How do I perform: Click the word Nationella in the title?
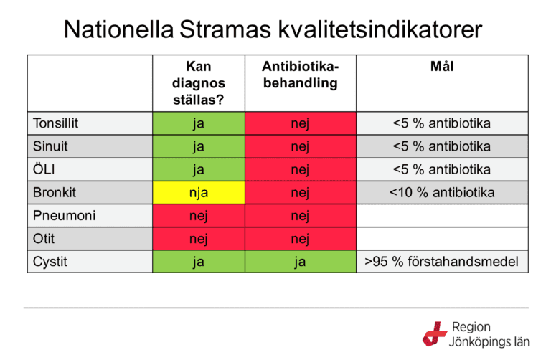[119, 29]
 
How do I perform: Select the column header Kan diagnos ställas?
[199, 83]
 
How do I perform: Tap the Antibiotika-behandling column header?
[300, 75]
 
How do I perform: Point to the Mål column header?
[442, 67]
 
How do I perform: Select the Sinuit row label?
[51, 146]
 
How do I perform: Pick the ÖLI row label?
[44, 169]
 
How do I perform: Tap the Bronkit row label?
[55, 192]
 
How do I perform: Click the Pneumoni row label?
[65, 215]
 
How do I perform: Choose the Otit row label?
[44, 238]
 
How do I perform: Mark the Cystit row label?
[50, 261]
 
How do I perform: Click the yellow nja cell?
[199, 192]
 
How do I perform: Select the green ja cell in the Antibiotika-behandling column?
[300, 261]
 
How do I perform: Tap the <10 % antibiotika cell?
[442, 192]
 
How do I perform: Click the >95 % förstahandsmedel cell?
[442, 261]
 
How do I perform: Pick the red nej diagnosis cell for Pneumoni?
[199, 215]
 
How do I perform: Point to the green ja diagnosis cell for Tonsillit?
[199, 123]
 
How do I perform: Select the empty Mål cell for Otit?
[442, 238]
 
